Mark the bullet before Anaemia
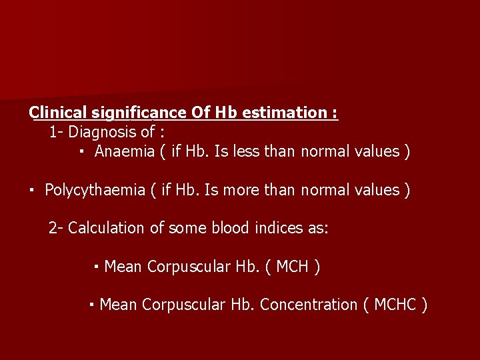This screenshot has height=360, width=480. pyautogui.click(x=80, y=152)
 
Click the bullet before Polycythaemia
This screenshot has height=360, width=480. pyautogui.click(x=32, y=190)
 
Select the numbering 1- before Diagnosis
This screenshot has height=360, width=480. pyautogui.click(x=56, y=131)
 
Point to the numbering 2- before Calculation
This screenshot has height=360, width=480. pyautogui.click(x=56, y=228)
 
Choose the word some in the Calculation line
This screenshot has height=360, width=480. pyautogui.click(x=186, y=228)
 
